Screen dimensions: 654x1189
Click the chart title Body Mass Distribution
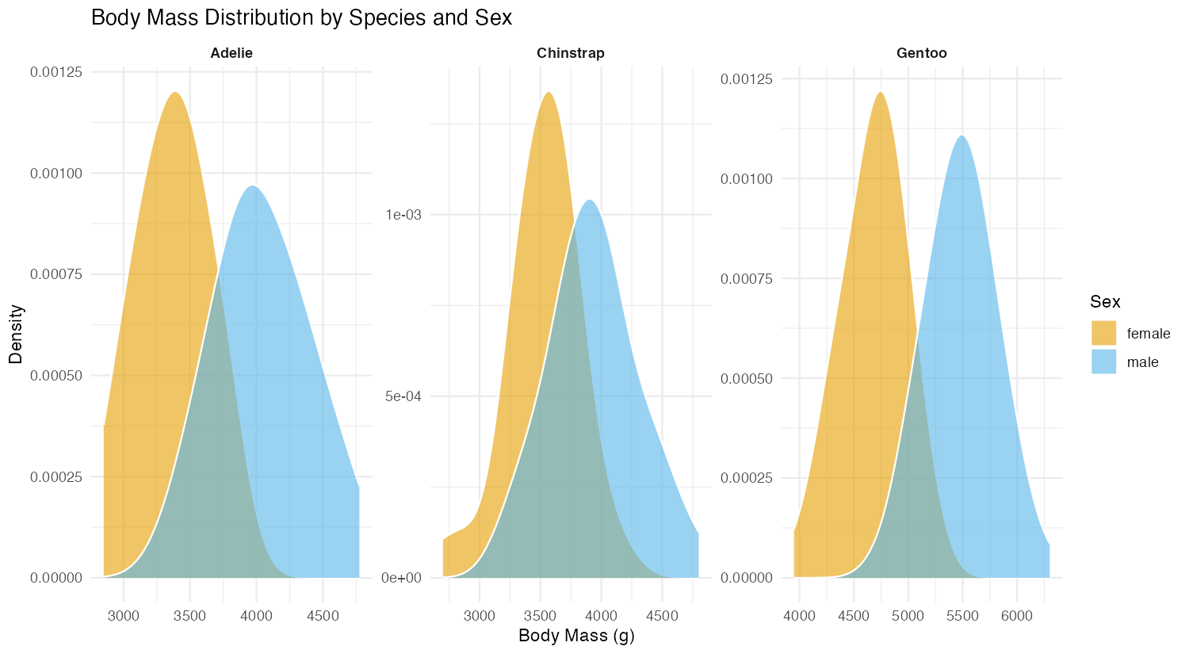tap(301, 17)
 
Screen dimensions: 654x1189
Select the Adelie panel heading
tap(231, 53)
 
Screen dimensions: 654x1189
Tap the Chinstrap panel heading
tap(570, 53)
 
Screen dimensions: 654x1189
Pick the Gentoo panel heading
tap(921, 53)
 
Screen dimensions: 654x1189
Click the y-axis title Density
tap(16, 334)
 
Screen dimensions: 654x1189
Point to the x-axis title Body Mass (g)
tap(576, 636)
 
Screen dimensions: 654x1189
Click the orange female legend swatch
tap(1103, 333)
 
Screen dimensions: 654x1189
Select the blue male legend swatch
tap(1103, 361)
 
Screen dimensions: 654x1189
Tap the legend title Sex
tap(1105, 301)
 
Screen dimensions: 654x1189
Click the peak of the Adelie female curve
tap(175, 93)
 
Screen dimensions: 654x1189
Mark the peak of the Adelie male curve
tap(253, 186)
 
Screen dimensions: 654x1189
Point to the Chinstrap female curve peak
tap(549, 93)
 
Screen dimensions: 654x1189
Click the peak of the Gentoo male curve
tap(962, 136)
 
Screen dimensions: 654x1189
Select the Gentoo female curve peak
tap(881, 93)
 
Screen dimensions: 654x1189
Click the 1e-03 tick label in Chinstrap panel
tap(403, 215)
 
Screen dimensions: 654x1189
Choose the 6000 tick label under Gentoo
tap(1017, 616)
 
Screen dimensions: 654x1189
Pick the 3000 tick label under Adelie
tap(124, 616)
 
